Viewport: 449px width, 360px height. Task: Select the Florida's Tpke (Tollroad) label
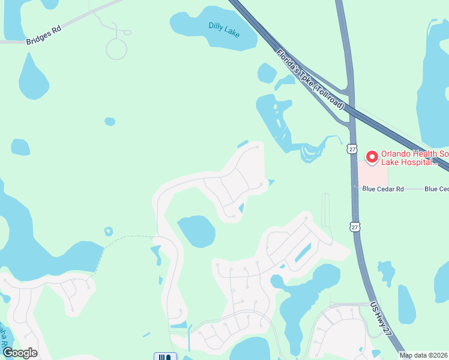[310, 79]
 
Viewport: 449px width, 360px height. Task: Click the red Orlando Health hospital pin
[372, 157]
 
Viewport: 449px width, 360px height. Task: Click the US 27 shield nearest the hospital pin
[352, 148]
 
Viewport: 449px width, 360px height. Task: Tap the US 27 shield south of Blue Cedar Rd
[356, 226]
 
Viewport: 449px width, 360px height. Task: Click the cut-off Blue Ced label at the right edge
[436, 189]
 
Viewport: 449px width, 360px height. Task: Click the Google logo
[20, 353]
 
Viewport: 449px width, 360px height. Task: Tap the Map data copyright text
[424, 355]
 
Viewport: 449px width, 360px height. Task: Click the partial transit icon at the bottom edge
[165, 356]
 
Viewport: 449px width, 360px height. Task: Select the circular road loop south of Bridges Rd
[116, 49]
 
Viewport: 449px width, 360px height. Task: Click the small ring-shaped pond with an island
[109, 232]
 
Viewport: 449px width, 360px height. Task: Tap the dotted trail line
[123, 239]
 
